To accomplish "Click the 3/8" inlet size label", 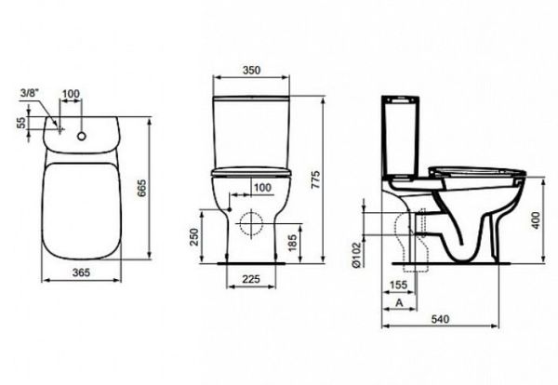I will (29, 93).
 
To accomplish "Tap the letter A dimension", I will (399, 304).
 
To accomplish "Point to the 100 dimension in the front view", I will (260, 189).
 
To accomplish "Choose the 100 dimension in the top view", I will (72, 94).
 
